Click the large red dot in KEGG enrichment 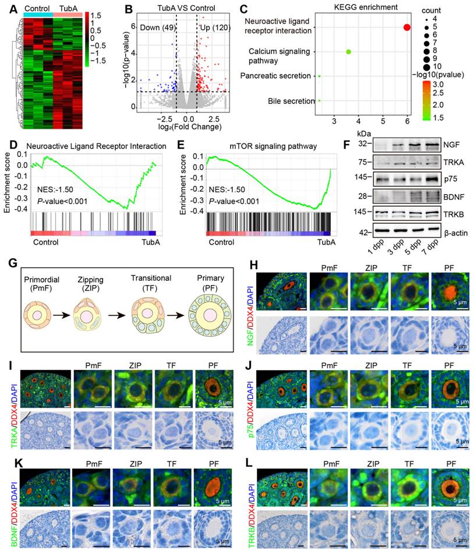tap(406, 27)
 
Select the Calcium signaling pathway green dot tap(348, 52)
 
